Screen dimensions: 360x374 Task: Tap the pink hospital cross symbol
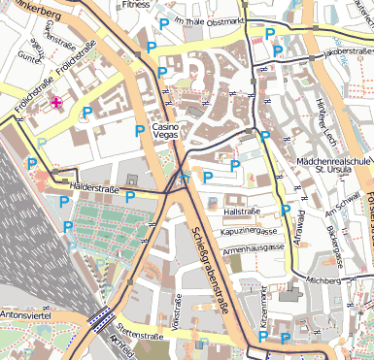pyautogui.click(x=56, y=102)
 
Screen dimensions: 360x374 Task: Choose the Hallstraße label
pyautogui.click(x=243, y=211)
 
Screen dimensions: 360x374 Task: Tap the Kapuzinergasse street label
pyautogui.click(x=250, y=232)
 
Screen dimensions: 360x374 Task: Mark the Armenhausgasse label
pyautogui.click(x=254, y=247)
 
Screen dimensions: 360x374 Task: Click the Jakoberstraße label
pyautogui.click(x=347, y=49)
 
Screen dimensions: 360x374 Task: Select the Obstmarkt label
pyautogui.click(x=224, y=20)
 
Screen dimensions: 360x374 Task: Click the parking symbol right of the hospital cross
pyautogui.click(x=87, y=113)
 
